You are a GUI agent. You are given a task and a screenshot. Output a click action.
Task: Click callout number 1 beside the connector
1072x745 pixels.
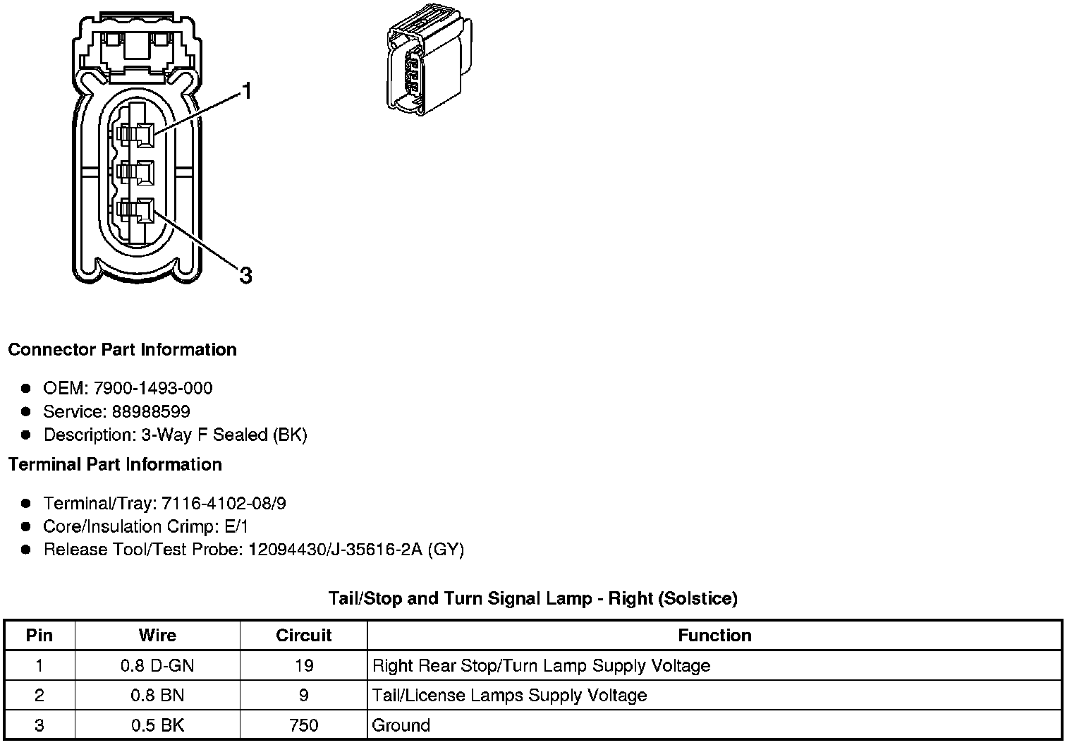coord(246,92)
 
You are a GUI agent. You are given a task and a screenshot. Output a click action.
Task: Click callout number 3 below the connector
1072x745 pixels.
coord(245,275)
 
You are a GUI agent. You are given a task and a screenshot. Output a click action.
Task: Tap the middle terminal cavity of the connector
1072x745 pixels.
coord(136,172)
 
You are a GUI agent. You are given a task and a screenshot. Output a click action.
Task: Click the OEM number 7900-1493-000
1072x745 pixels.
coord(152,388)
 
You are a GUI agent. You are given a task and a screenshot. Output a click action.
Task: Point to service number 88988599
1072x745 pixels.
coord(151,411)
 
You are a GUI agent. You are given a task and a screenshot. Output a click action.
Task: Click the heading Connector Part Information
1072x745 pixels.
coord(122,350)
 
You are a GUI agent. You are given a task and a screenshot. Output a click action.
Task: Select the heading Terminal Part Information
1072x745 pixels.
coord(115,464)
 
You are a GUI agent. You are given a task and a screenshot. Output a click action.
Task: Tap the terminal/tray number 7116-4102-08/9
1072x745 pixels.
coord(224,504)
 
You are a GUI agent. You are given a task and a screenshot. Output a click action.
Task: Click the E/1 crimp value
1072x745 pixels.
coord(235,526)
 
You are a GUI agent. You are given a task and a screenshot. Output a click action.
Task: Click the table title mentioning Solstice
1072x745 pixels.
coord(532,599)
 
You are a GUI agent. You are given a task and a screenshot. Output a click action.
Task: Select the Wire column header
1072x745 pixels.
coord(157,636)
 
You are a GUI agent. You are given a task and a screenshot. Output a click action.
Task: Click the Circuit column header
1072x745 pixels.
coord(303,636)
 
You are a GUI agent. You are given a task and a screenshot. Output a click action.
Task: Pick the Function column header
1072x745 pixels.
coord(714,636)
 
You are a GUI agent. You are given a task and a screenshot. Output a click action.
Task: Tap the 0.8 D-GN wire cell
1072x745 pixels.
coord(157,665)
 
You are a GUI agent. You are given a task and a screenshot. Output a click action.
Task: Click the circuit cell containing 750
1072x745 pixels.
coord(303,725)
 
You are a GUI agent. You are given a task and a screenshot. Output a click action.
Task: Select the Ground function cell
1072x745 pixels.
coord(401,725)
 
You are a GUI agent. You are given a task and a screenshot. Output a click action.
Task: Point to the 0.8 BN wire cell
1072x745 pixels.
coord(157,696)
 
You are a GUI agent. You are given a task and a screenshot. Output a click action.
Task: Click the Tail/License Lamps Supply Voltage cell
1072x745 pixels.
coord(509,696)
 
